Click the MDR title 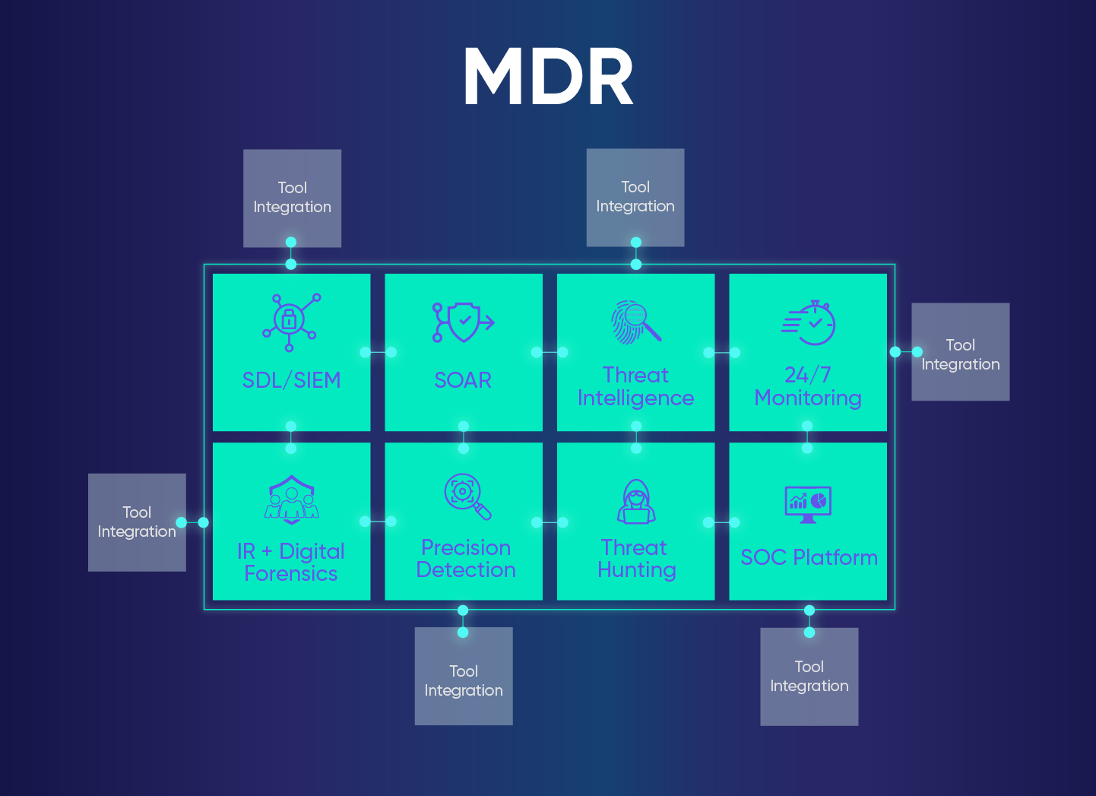(x=548, y=77)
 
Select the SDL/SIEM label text (x=291, y=380)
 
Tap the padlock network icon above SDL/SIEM (x=290, y=322)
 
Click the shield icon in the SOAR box (x=463, y=322)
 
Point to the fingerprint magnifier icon (x=635, y=322)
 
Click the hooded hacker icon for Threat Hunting (x=636, y=502)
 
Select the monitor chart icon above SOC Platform (x=808, y=504)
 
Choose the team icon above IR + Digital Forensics (x=291, y=500)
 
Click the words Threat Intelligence (x=635, y=386)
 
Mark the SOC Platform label (x=809, y=557)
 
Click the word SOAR (x=463, y=380)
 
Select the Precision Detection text (x=466, y=559)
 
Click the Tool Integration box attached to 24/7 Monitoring (x=960, y=352)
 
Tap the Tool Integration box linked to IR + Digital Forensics (x=137, y=522)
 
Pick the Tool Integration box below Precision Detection (x=464, y=676)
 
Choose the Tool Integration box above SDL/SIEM (x=292, y=198)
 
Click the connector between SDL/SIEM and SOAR (x=378, y=352)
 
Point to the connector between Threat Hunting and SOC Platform (x=721, y=522)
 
